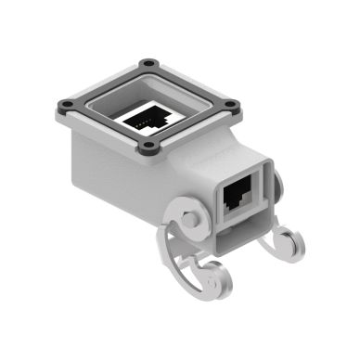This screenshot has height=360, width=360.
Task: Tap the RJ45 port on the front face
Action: [239, 196]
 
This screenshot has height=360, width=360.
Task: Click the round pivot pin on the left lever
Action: [190, 222]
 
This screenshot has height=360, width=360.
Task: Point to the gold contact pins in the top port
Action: [142, 121]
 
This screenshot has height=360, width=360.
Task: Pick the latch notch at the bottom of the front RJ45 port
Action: [239, 206]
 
